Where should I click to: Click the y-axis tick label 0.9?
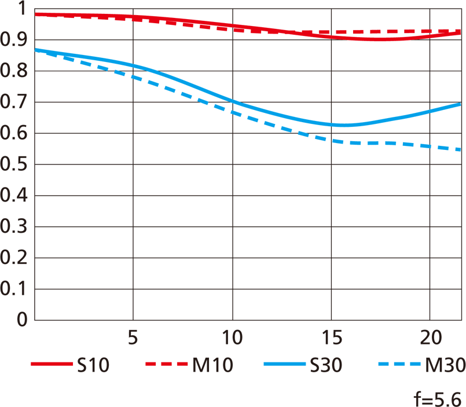14,40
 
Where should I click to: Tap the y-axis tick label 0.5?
14,164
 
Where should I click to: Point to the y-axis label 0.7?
14,102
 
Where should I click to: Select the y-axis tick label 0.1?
14,289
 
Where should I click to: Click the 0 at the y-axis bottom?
23,320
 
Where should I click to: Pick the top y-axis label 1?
23,9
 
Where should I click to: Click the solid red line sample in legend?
51,365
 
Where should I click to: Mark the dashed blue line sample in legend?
399,365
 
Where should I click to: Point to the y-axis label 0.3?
14,227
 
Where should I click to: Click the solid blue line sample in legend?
284,365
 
